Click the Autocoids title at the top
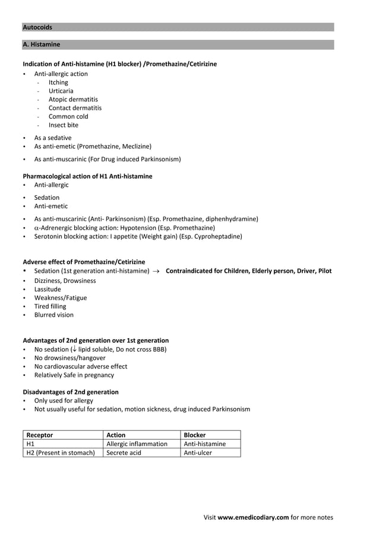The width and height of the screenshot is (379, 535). tap(37, 27)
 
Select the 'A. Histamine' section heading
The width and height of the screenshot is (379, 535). tap(41, 44)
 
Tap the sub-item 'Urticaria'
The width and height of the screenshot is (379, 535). tap(61, 91)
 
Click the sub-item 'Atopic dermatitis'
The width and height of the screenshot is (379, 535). tap(73, 100)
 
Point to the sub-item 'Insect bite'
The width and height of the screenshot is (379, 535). tap(63, 125)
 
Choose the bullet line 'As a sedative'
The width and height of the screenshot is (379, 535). tap(52, 138)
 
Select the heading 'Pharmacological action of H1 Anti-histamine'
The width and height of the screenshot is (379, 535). tap(87, 176)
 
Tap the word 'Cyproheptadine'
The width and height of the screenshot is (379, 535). tap(219, 236)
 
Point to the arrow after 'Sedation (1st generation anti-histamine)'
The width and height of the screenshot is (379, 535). tap(156, 272)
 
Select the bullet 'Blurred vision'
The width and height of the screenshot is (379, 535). tap(53, 315)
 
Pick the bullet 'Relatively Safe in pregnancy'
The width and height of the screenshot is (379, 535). tap(74, 375)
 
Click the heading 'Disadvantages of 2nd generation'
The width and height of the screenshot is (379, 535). tap(70, 392)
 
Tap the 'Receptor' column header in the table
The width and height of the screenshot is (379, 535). tap(40, 435)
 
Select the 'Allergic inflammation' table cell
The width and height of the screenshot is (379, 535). tap(137, 444)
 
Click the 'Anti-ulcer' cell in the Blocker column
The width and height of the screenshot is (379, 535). tap(198, 453)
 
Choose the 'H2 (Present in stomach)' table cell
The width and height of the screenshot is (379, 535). tap(61, 453)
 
